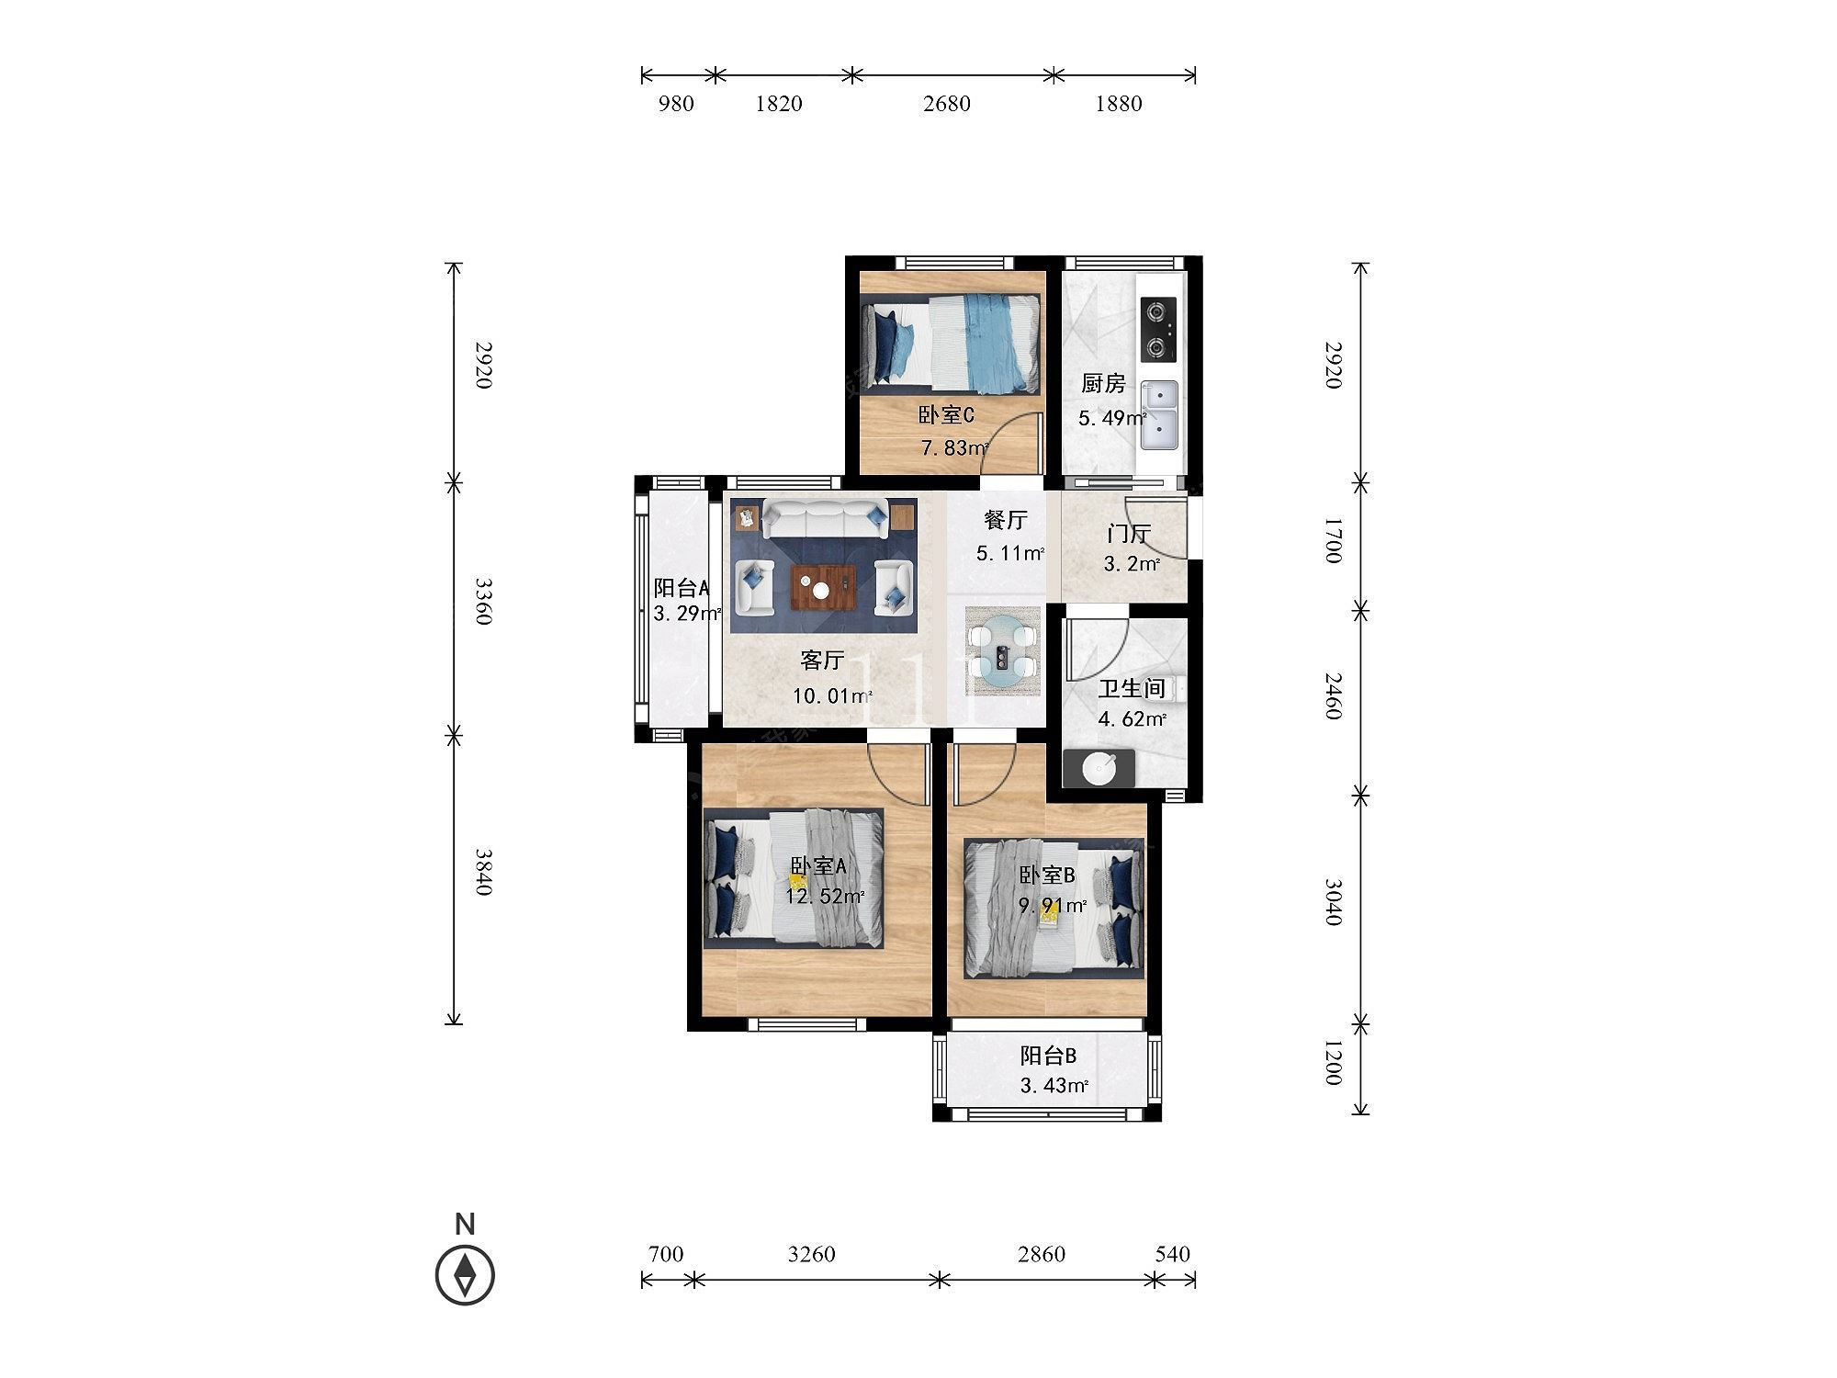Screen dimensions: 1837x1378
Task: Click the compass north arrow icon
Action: click(465, 1274)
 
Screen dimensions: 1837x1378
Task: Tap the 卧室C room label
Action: click(946, 415)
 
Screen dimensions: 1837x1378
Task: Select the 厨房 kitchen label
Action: click(1103, 384)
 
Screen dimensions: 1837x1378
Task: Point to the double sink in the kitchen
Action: click(1159, 415)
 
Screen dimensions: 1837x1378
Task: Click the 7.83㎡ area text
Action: click(955, 448)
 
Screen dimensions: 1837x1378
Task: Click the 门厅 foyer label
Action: click(1129, 534)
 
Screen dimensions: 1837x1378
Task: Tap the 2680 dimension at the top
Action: click(947, 104)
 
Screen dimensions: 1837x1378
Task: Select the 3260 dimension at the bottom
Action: click(812, 1254)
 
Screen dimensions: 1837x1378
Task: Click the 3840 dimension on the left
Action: click(483, 872)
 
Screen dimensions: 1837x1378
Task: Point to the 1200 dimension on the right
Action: click(1334, 1063)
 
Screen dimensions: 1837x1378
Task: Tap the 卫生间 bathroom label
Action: click(1132, 688)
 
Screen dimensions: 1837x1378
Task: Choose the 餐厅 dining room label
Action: click(1006, 520)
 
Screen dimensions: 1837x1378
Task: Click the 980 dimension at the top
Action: click(676, 104)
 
